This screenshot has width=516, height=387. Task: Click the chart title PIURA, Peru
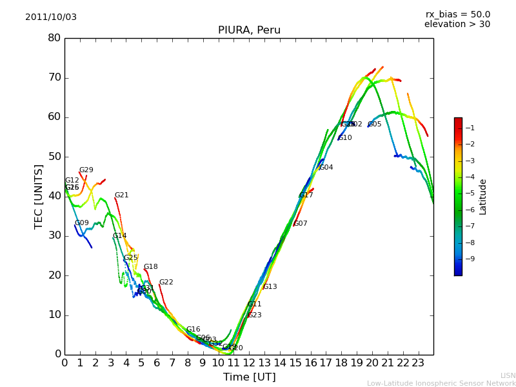(249, 30)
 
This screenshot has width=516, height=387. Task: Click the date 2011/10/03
(51, 17)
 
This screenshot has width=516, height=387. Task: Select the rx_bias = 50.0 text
(458, 15)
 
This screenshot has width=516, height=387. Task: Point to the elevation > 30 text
(457, 25)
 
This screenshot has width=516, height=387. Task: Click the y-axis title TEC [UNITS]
(39, 197)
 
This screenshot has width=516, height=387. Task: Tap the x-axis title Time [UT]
(249, 377)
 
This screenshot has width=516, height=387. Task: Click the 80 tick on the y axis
(54, 38)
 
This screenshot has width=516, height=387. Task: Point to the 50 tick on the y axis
(54, 157)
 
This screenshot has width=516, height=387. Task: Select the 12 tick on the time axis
(249, 363)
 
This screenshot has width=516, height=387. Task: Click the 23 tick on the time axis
(418, 363)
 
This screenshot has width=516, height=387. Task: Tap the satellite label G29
(86, 170)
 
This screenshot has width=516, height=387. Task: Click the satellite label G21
(122, 195)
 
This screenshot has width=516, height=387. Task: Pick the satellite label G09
(82, 223)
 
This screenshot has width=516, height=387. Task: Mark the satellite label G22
(166, 283)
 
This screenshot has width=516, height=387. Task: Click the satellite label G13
(270, 287)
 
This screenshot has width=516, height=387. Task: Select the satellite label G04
(326, 168)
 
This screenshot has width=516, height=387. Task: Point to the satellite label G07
(301, 224)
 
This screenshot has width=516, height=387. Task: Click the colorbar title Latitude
(483, 197)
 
